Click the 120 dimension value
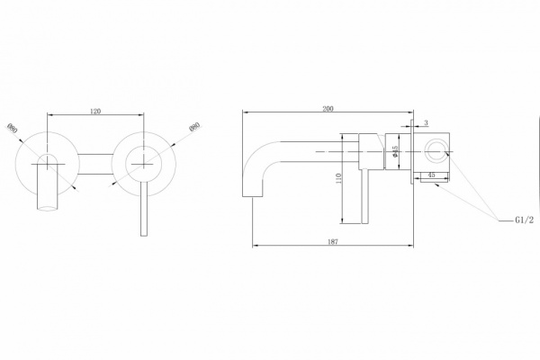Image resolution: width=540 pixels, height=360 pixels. click(95, 111)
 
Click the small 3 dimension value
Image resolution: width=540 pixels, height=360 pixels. click(426, 122)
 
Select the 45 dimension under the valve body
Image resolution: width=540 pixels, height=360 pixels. click(432, 175)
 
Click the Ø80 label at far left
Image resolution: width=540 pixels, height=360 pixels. click(12, 130)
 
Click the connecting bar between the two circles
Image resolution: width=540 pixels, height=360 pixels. click(95, 163)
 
